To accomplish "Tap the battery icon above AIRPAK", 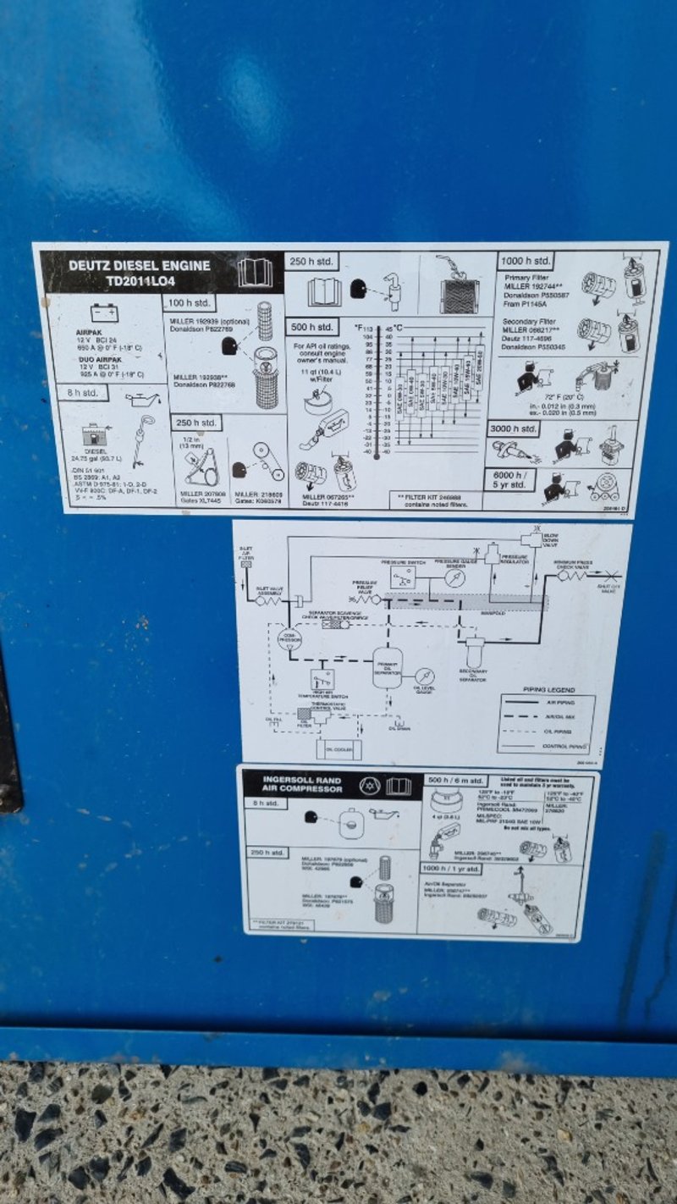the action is [105, 313].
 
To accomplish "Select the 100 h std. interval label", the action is [190, 302].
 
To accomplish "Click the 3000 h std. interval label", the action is [514, 429].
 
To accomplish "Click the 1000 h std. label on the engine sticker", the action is [526, 261].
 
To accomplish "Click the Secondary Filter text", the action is [531, 322].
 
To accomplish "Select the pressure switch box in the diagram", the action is [403, 577].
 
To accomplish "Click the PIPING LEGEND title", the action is [548, 690].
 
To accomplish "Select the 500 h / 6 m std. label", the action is [455, 780].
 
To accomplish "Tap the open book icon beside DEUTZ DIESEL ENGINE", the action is [255, 273].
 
